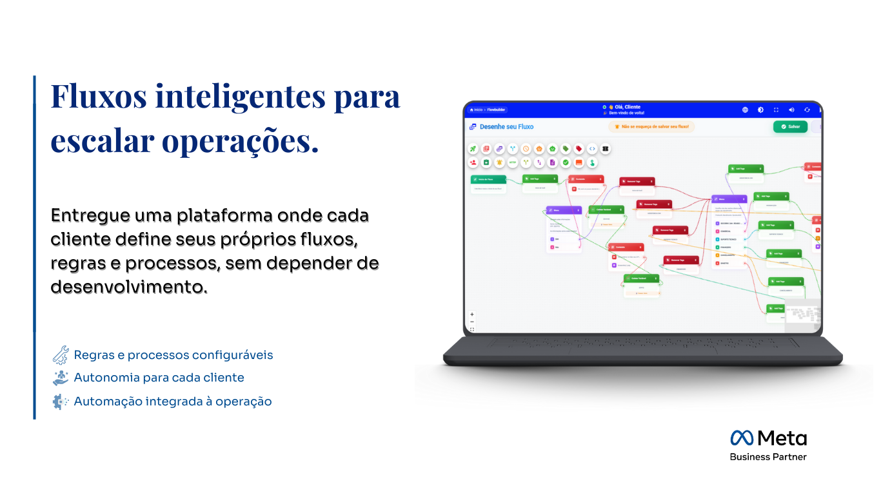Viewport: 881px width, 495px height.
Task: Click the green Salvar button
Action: coord(790,126)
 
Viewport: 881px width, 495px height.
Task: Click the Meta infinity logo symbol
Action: coord(742,438)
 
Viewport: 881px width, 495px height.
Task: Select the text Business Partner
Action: coord(768,457)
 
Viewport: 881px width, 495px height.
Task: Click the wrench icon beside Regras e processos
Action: coord(60,355)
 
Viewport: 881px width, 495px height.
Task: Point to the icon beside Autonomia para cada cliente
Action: coord(60,378)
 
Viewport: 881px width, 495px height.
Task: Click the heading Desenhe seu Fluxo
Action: coord(506,127)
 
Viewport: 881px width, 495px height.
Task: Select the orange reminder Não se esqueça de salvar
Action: coord(651,127)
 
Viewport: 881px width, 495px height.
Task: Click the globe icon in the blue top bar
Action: coord(745,110)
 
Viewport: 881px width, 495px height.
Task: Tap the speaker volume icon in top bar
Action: coord(791,110)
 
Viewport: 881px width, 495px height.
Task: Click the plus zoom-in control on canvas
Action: coord(472,315)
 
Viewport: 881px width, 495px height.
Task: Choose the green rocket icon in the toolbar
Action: coord(473,149)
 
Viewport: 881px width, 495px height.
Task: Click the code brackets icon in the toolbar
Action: coord(592,149)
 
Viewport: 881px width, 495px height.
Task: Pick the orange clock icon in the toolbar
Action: coord(526,149)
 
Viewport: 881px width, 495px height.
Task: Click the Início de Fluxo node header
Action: coord(488,179)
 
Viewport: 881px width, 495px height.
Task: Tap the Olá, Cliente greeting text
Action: coord(624,107)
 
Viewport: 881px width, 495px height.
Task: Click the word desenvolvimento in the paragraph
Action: coord(129,287)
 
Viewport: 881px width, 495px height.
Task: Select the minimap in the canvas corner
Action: coord(802,316)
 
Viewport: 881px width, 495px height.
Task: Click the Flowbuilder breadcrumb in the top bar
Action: coord(495,110)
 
